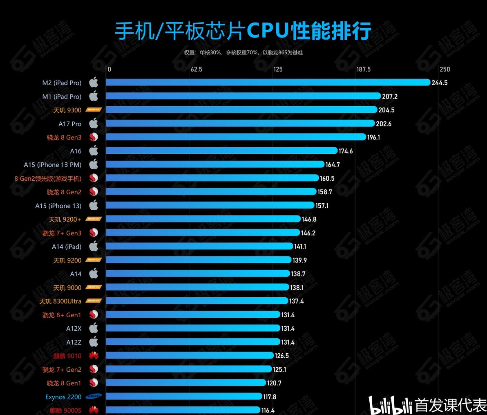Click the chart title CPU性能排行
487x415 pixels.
click(243, 31)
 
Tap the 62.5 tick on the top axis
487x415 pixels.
click(196, 70)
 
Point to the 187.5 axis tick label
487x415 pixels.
click(363, 70)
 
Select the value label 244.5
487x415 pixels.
click(440, 83)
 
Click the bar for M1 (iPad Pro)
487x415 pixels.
click(243, 96)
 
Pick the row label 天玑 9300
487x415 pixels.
click(67, 110)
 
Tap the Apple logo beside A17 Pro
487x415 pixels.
click(94, 123)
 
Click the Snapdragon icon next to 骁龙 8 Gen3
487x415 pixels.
click(94, 137)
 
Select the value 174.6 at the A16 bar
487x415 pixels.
click(346, 151)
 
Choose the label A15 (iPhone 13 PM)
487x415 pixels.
click(53, 165)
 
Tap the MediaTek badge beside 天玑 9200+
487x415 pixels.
click(94, 219)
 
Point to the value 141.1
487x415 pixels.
click(300, 247)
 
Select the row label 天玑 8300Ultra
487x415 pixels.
click(60, 301)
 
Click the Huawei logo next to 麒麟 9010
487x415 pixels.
click(94, 356)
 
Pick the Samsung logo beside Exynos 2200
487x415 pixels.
click(94, 397)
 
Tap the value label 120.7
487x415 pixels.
click(274, 383)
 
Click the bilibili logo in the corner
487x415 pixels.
click(390, 405)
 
